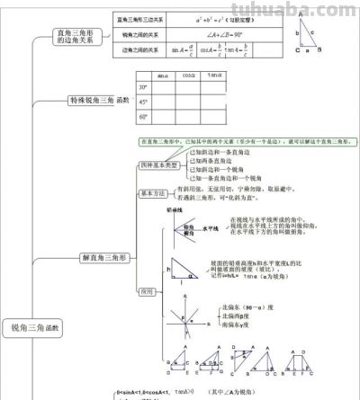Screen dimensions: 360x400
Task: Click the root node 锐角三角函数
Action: [32, 328]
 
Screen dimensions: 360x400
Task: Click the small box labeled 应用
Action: [148, 291]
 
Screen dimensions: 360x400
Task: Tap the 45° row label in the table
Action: [143, 102]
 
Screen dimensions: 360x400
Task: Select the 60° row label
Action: [143, 117]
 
